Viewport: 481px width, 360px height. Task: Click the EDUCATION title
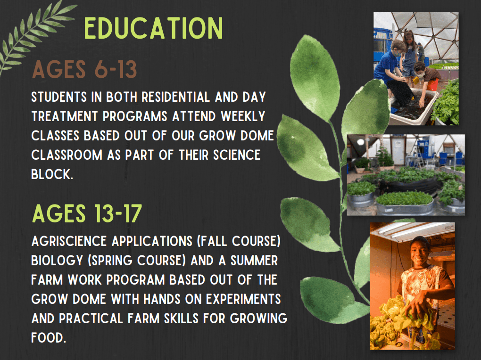click(153, 28)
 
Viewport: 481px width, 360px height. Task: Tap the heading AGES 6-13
click(85, 69)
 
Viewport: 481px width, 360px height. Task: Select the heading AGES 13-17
click(87, 213)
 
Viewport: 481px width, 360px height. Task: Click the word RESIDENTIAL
click(175, 97)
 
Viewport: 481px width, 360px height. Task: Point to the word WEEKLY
click(243, 116)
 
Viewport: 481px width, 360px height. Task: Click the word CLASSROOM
click(66, 155)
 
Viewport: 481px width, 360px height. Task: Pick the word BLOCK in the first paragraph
click(52, 174)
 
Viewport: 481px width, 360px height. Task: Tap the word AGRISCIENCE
click(69, 241)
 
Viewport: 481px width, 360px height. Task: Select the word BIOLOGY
click(57, 261)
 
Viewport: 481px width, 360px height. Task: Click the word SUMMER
click(254, 261)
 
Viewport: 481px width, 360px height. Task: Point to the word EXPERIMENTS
click(243, 299)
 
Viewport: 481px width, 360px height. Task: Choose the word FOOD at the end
click(49, 337)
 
